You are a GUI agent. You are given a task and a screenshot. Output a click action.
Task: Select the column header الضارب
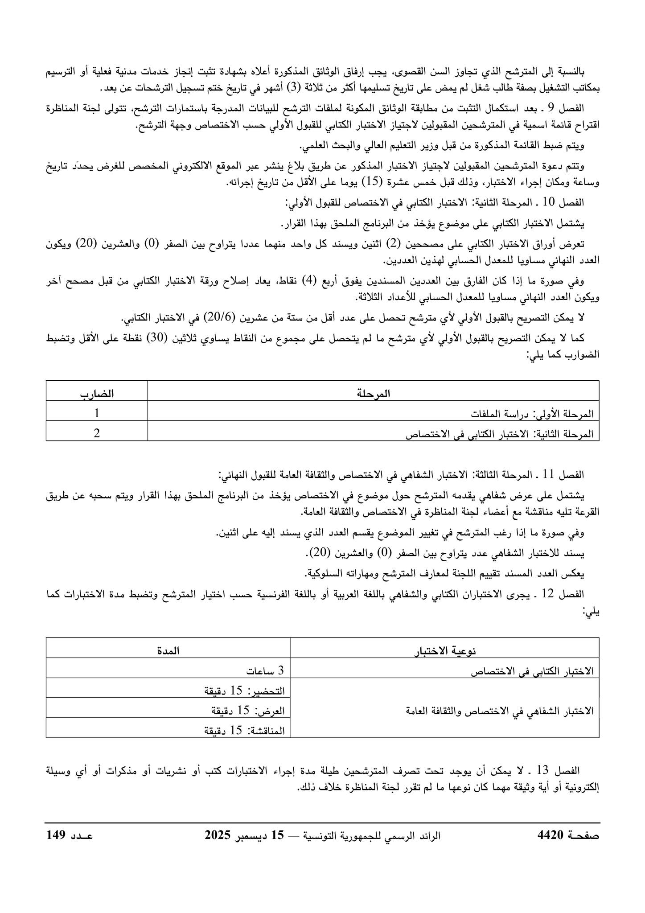tap(97, 394)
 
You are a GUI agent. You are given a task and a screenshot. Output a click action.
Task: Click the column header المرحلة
tap(374, 394)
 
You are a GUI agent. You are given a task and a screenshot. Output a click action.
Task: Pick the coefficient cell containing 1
tap(97, 414)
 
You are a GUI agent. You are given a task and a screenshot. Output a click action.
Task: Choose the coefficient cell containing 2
tap(97, 434)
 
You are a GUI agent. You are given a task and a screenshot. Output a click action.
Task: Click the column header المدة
tap(168, 650)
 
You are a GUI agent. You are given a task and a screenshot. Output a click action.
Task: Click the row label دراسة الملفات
tap(496, 414)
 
